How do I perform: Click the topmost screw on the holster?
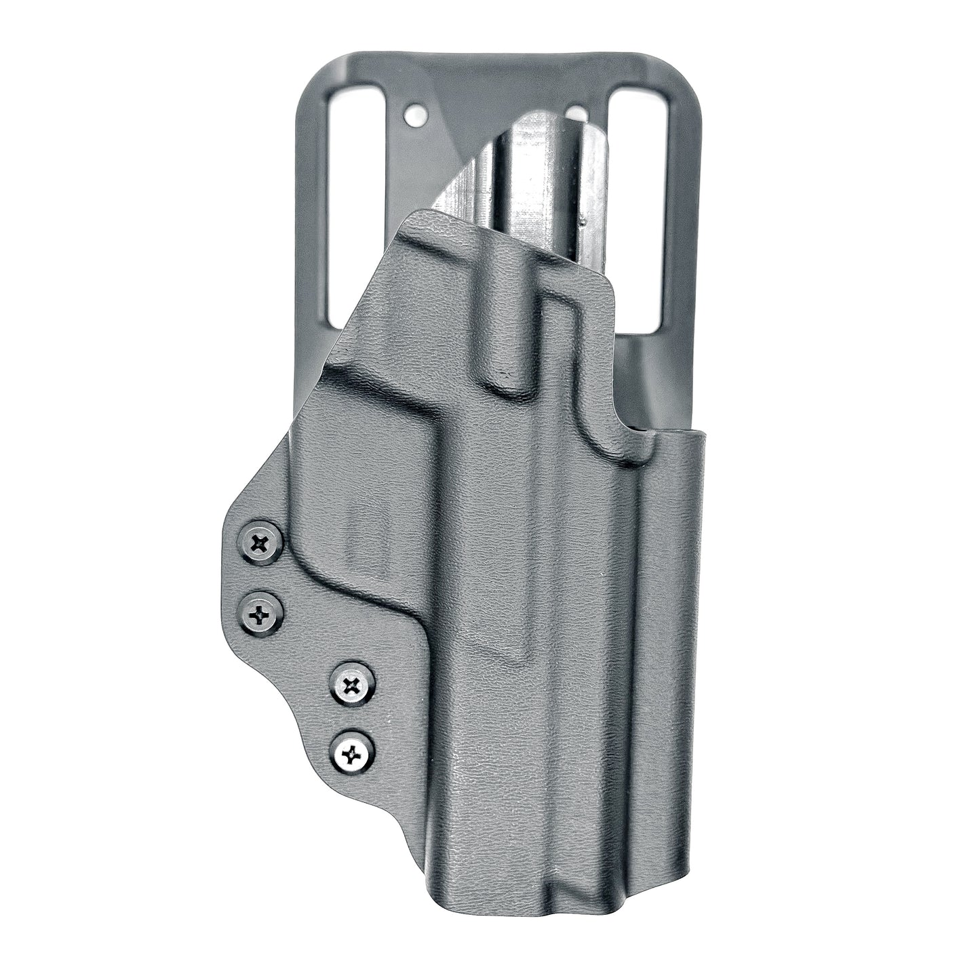[x=260, y=543]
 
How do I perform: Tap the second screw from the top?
[x=261, y=615]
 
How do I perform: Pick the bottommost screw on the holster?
[x=352, y=751]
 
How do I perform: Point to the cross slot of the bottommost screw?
[x=352, y=751]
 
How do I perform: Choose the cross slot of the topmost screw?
[x=260, y=543]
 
